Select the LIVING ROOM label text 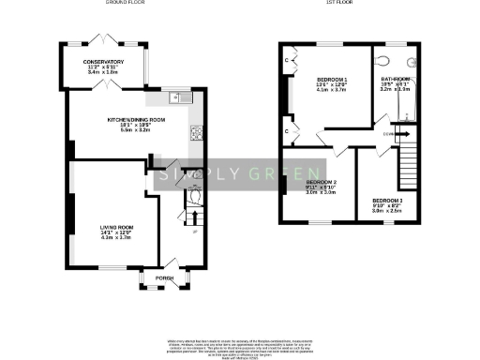(x=117, y=227)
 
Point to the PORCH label (x=164, y=278)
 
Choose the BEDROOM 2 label (x=322, y=182)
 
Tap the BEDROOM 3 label (x=388, y=202)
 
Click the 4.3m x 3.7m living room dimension (x=117, y=238)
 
